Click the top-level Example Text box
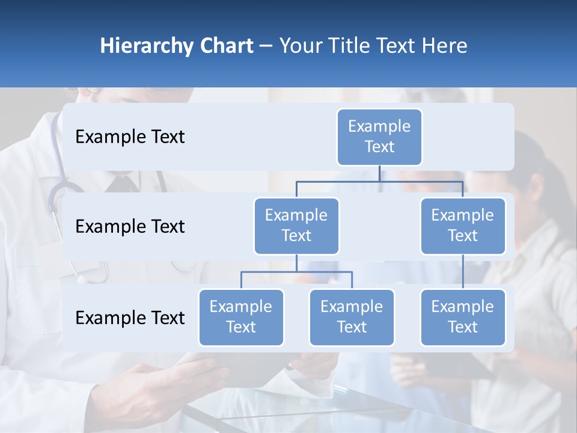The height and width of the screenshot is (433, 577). [379, 137]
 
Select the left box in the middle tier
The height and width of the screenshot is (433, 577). [296, 226]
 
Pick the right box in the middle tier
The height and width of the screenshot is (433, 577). [463, 226]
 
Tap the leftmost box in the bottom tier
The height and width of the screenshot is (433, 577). [241, 317]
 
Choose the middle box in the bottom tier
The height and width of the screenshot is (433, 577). [352, 317]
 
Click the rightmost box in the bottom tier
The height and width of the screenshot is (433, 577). [463, 317]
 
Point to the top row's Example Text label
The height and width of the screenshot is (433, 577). [130, 137]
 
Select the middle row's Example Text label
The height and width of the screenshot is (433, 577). [130, 226]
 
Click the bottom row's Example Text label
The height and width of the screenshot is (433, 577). [130, 318]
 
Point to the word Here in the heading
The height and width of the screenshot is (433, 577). [444, 46]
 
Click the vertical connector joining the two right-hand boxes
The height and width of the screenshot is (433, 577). [463, 272]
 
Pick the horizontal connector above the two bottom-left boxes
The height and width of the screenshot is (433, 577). [296, 272]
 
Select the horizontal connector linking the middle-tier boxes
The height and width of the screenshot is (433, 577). [379, 181]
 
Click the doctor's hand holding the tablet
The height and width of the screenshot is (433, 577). [180, 376]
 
